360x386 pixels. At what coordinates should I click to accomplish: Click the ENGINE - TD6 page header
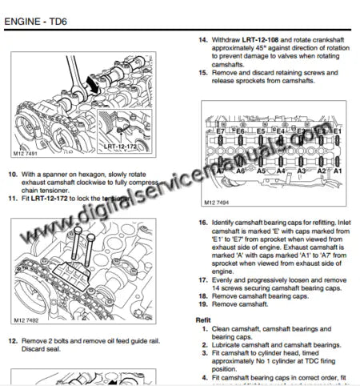tap(37, 10)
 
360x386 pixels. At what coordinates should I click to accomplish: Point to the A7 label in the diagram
tap(221, 171)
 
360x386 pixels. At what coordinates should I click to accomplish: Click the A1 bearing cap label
tap(338, 171)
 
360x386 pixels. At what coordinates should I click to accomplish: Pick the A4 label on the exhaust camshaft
tap(280, 171)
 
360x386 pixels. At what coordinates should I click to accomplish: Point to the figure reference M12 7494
tap(217, 203)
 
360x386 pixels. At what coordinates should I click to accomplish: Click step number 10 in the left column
tap(12, 175)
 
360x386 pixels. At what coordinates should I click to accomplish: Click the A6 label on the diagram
tap(240, 171)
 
